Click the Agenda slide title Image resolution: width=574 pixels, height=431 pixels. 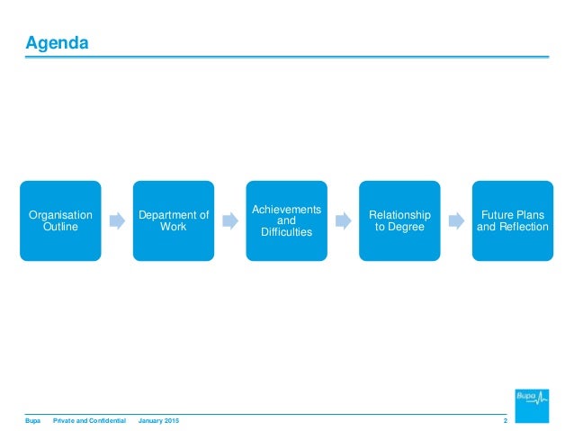click(x=56, y=42)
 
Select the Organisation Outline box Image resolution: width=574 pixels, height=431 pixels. click(x=60, y=220)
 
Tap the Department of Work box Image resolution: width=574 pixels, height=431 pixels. click(x=174, y=220)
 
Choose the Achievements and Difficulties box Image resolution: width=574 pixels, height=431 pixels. click(x=286, y=220)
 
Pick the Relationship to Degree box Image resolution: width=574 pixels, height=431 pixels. click(x=399, y=220)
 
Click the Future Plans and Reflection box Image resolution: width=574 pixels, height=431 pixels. click(x=512, y=220)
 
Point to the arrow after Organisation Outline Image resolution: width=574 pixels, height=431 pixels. click(x=117, y=220)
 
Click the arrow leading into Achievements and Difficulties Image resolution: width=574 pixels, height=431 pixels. click(x=230, y=220)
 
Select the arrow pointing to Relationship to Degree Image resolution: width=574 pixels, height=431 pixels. click(x=343, y=220)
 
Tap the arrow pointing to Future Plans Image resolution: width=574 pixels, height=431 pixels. click(x=456, y=220)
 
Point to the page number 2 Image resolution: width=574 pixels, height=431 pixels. click(x=506, y=422)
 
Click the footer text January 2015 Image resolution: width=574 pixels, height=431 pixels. click(x=159, y=422)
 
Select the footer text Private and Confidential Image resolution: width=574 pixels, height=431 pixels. click(x=89, y=422)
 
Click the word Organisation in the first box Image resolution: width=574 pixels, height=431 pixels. click(x=60, y=214)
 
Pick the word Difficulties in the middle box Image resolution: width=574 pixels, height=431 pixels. click(x=286, y=232)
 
